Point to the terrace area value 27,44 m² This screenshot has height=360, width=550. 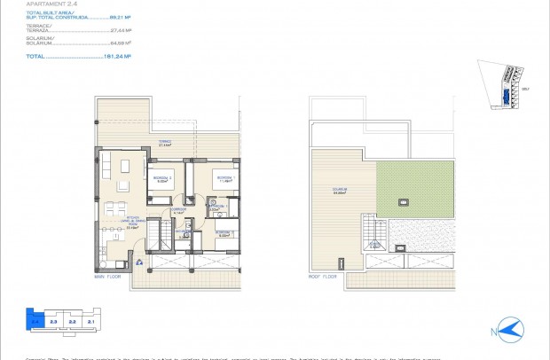pos(120,31)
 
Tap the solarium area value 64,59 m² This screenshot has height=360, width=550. pos(120,43)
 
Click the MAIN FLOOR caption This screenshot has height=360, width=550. pos(108,277)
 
